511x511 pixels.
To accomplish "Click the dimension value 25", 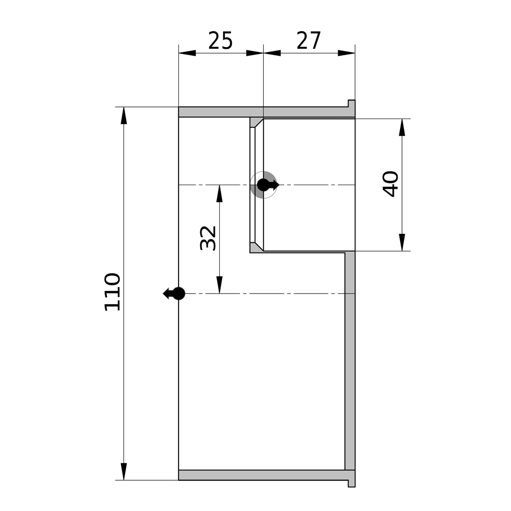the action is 220,40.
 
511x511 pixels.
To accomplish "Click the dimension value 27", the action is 309,40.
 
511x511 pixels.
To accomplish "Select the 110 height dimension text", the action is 112,292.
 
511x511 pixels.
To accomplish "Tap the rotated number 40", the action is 390,184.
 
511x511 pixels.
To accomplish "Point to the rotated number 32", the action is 208,238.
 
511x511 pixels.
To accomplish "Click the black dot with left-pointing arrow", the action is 174,294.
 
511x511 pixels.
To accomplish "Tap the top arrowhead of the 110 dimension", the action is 123,116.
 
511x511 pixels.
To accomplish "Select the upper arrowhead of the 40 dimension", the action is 402,127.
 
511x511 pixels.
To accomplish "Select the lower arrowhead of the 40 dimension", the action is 402,242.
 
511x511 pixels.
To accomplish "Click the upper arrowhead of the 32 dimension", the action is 219,193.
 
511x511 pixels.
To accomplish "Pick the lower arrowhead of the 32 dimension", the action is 219,285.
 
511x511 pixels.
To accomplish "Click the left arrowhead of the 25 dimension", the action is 187,53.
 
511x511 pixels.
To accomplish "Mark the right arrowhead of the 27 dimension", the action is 346,53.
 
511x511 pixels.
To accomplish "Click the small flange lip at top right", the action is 352,104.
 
